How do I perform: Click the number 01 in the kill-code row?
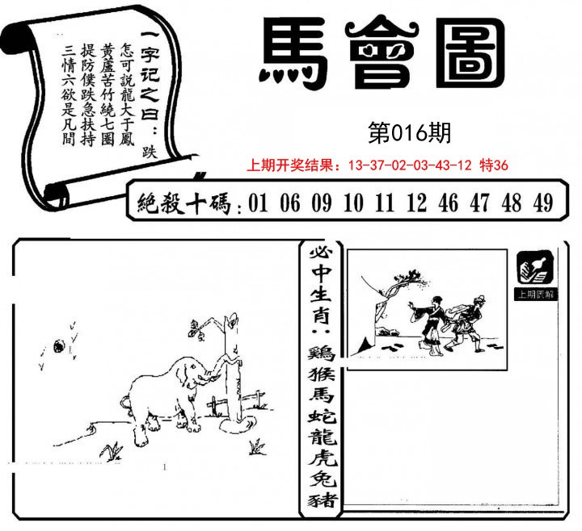tap(259, 203)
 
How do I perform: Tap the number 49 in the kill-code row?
tap(543, 203)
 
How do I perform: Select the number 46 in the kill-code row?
tap(448, 203)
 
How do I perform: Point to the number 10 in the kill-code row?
tap(352, 203)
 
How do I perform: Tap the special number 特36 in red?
tap(494, 165)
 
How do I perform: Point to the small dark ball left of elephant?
tap(58, 347)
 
